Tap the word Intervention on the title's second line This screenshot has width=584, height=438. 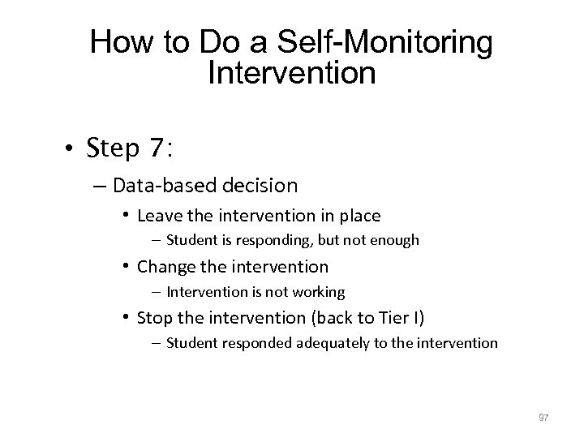[292, 74]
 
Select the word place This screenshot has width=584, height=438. [359, 216]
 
